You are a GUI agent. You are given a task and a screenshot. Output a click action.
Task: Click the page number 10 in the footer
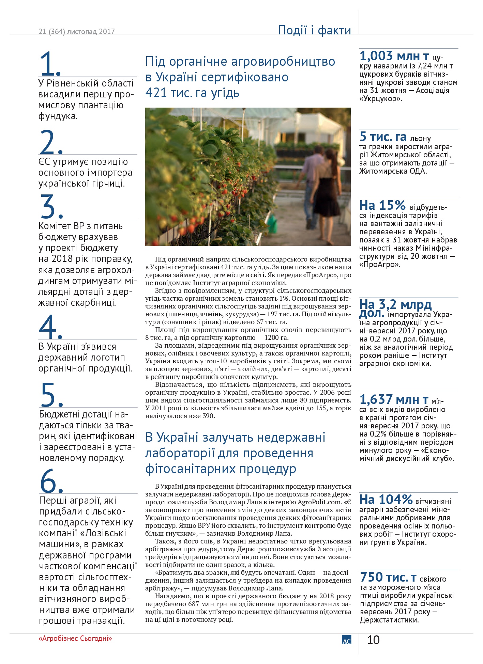pos(373,640)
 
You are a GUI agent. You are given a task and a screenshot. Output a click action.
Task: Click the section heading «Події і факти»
pos(314,30)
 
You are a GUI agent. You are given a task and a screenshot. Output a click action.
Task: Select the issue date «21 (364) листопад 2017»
pos(77,32)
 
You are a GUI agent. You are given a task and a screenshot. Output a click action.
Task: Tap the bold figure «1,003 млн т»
pos(394,56)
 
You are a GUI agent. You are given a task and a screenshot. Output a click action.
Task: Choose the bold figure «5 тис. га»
pos(383,137)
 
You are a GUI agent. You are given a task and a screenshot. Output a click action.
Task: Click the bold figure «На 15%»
pos(382,205)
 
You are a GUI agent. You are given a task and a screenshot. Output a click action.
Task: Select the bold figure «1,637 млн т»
pos(394,399)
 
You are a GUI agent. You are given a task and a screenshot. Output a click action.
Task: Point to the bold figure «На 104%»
pos(386,500)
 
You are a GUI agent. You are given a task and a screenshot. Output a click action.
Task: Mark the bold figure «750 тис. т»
pos(388,577)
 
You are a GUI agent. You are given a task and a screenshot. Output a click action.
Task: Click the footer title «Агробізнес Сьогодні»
pos(75,638)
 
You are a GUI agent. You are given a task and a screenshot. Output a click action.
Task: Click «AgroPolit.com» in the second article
pos(319,502)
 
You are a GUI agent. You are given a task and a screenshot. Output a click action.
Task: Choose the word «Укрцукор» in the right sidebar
pos(380,99)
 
